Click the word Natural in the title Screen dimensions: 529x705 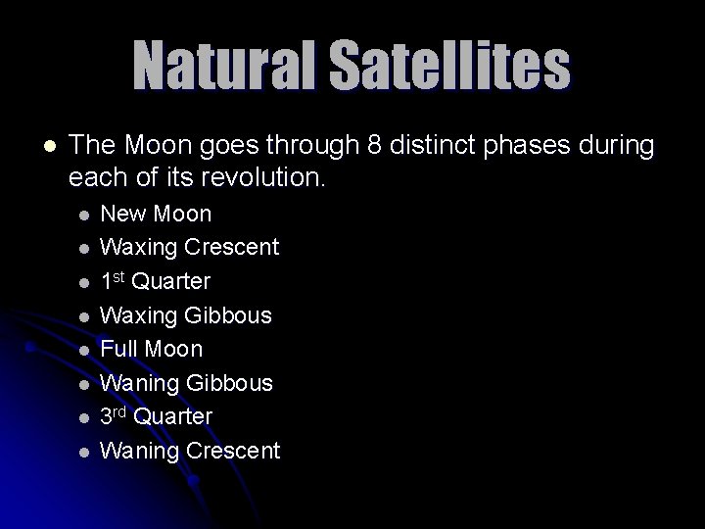point(226,66)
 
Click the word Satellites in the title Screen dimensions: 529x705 point(449,66)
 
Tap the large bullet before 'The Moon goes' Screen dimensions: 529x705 point(50,146)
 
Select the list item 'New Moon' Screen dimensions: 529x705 point(156,214)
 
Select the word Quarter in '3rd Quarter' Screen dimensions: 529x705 point(172,416)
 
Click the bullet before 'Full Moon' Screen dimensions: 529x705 point(84,349)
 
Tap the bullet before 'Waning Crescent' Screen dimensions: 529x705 point(84,451)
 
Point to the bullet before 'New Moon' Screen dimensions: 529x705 point(84,214)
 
